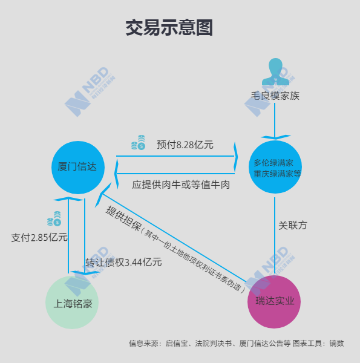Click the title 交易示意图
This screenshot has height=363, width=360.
pos(169,28)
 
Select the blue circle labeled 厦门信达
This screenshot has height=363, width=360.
pos(78,168)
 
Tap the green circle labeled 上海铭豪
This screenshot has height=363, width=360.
pos(72,302)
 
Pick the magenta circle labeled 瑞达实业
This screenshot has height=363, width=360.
pos(274,302)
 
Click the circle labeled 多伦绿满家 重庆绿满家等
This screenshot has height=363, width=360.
pos(275,167)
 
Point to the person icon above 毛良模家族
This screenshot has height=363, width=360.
pos(275,72)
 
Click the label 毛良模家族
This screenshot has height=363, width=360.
pos(275,96)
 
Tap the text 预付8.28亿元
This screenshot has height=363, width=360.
pos(185,145)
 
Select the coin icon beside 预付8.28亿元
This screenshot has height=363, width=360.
pos(138,142)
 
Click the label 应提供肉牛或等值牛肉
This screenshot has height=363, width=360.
pos(181,185)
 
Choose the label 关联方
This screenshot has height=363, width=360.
pos(293,225)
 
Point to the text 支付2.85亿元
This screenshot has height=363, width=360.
pos(39,238)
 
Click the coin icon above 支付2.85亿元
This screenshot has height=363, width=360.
pos(54,218)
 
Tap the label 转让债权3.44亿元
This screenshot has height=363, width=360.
pos(123,263)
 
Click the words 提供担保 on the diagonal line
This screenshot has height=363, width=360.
pos(123,218)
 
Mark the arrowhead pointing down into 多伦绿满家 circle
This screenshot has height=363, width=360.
pos(275,137)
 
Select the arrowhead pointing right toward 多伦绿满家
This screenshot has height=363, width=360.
pos(236,157)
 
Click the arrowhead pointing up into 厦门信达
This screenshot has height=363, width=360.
pos(68,198)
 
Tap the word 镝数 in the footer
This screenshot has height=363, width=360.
pos(336,343)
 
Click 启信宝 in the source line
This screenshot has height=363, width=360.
pos(177,343)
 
